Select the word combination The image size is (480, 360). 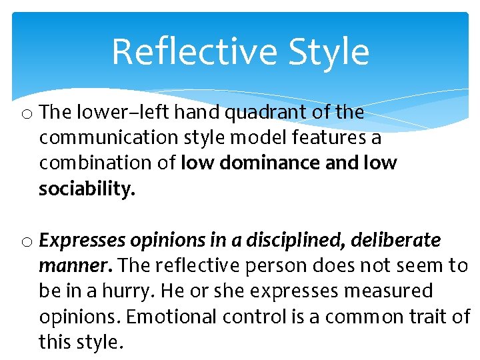(x=96, y=163)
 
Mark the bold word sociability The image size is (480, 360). (x=87, y=189)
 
